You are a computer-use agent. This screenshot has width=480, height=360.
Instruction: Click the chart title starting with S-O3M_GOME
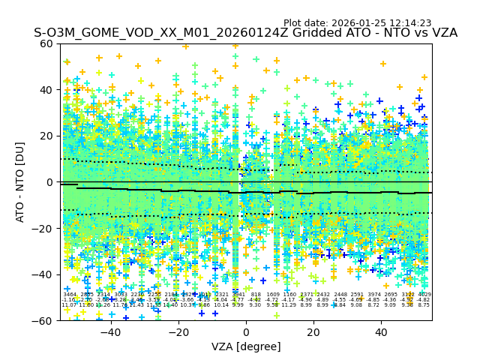tap(245, 33)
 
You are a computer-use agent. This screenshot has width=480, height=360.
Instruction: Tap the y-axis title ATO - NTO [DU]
tap(20, 182)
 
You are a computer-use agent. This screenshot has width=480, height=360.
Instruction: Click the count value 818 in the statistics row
tap(256, 295)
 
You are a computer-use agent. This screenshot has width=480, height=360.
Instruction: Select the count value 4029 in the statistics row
tap(424, 295)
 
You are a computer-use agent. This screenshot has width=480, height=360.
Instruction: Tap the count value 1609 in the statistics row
tap(272, 295)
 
